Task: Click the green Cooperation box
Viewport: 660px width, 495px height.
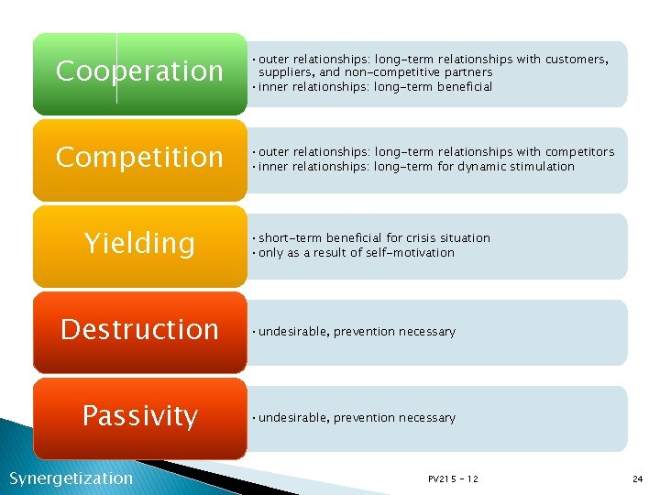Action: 139,72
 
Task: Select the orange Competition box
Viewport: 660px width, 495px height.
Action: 139,158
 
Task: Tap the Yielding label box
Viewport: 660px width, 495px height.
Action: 139,244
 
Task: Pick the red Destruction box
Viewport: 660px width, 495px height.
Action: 139,330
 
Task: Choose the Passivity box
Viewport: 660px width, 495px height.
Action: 139,417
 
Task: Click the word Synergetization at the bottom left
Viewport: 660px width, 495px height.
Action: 71,478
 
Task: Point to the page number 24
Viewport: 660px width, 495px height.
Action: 637,479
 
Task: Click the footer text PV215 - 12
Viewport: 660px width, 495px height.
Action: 453,479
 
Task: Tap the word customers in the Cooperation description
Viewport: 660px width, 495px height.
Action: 576,60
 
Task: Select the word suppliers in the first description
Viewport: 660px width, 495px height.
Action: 286,72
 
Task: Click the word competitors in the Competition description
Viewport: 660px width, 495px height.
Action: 579,152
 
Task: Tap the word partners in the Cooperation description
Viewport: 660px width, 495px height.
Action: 466,72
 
